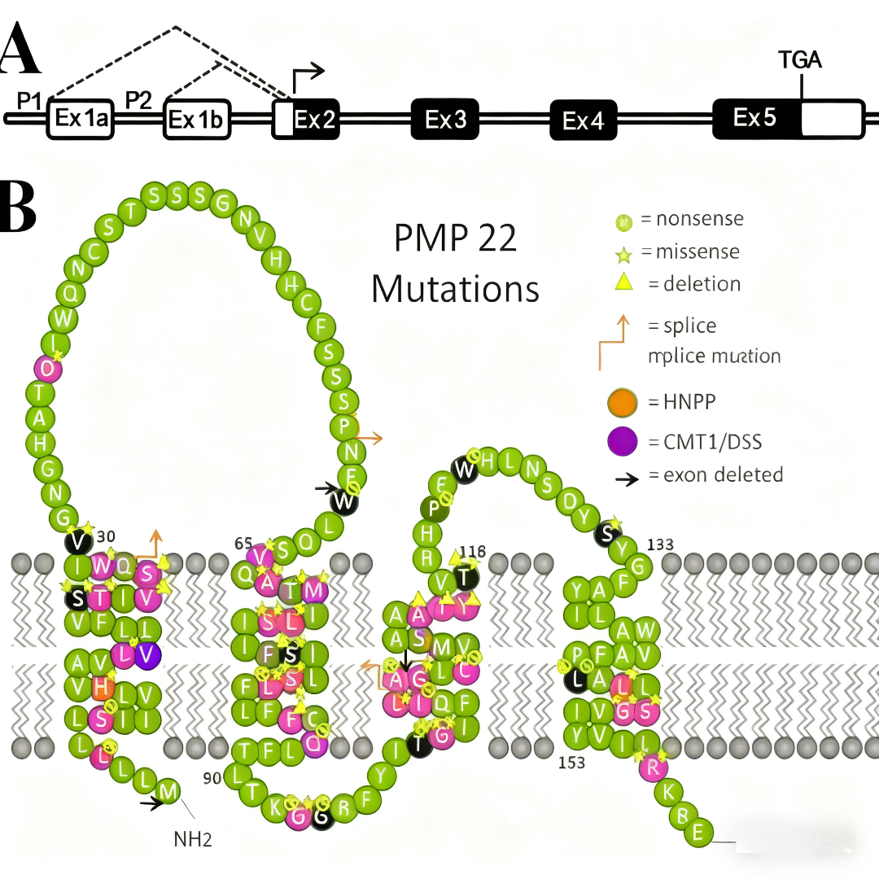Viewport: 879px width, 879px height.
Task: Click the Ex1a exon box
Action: (x=80, y=120)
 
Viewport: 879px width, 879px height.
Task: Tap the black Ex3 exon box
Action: (x=445, y=120)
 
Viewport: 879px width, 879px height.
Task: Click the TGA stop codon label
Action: (x=800, y=60)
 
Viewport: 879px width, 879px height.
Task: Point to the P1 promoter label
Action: (x=29, y=100)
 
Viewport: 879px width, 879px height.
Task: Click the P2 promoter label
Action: (x=139, y=100)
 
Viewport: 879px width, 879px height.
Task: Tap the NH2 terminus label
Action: (x=193, y=838)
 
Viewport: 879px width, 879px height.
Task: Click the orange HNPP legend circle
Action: (x=621, y=402)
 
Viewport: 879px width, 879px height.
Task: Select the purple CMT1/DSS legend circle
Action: (x=621, y=442)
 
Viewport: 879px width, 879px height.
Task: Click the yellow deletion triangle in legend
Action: (x=623, y=283)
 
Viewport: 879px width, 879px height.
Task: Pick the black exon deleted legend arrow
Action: (x=626, y=479)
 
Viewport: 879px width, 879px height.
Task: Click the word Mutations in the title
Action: (x=455, y=289)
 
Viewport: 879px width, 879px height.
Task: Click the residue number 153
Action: (x=572, y=763)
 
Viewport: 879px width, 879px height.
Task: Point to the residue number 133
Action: (x=660, y=544)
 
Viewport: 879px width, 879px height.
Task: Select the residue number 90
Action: (x=212, y=778)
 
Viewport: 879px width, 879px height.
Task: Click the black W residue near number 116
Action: (x=465, y=470)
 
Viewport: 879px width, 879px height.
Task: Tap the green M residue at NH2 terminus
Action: (x=168, y=789)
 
